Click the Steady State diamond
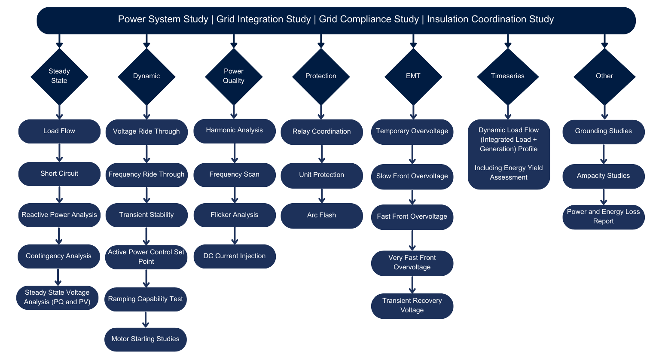coord(59,76)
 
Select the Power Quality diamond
coord(234,76)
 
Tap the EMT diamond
coord(413,76)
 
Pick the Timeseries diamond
coord(508,76)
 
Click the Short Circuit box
coord(59,174)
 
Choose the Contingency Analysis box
coord(58,256)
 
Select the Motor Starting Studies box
coord(145,339)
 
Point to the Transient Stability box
coord(146,215)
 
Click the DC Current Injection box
coord(235,256)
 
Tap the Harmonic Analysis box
coord(235,131)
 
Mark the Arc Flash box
coord(322,215)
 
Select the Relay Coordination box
coord(322,131)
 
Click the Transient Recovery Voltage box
coord(412,305)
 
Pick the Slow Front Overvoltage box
coord(412,176)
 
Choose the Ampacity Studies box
coord(604,176)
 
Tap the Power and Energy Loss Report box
coord(604,217)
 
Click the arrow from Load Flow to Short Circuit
coord(59,153)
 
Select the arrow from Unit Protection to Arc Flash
coord(322,196)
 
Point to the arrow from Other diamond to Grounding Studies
coord(604,112)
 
